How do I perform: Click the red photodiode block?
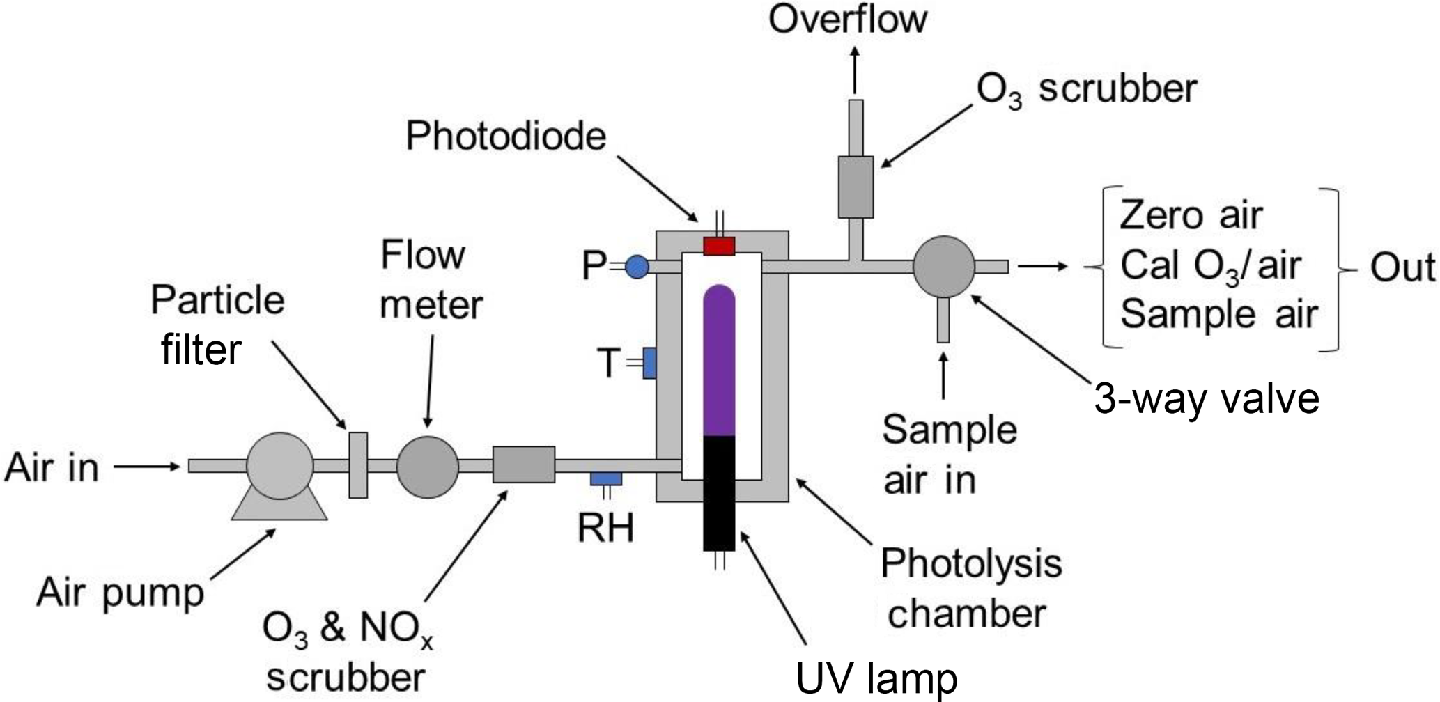[719, 247]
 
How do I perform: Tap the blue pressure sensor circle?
[637, 267]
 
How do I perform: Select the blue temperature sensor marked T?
[649, 363]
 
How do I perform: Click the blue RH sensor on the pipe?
[606, 478]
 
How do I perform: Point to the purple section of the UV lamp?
[719, 362]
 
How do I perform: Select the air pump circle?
[280, 466]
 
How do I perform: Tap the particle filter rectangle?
[358, 465]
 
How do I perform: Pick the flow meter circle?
[428, 467]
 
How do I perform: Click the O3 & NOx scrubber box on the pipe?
[524, 465]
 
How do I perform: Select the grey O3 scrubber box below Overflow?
[856, 187]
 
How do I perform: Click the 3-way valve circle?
[944, 267]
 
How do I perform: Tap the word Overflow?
[848, 19]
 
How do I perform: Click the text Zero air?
[1191, 215]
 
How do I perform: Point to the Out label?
[1402, 267]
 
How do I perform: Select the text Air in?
[52, 467]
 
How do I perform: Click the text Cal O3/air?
[1210, 266]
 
